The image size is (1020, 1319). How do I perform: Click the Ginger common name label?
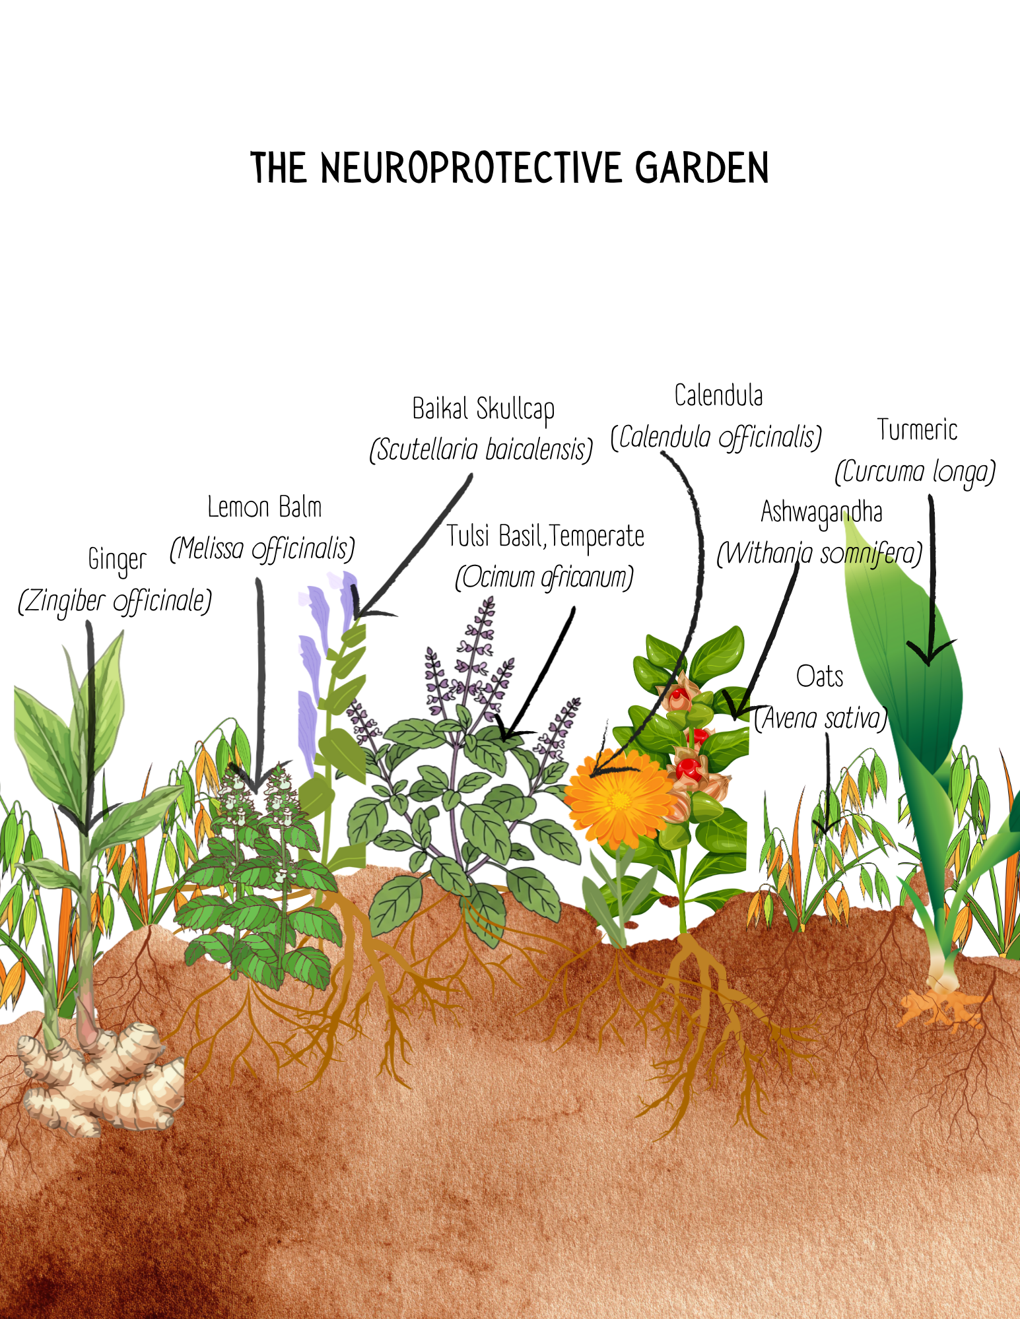point(118,560)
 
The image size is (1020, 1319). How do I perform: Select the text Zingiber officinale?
point(115,602)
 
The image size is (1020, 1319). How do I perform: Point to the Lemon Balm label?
point(264,507)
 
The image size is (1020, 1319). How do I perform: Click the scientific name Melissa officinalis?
point(263,549)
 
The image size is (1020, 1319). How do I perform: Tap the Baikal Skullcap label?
point(483,409)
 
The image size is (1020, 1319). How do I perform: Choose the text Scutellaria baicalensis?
point(481,450)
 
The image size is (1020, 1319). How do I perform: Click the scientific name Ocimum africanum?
point(544,578)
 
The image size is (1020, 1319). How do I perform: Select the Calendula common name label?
point(718,396)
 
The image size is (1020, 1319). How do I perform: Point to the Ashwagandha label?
point(821,513)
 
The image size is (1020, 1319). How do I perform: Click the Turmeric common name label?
point(917,430)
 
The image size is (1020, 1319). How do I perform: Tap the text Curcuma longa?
point(915,472)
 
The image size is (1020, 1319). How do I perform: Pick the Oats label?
point(819,677)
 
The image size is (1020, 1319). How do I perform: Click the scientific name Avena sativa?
point(821,719)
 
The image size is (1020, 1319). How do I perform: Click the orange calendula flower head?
point(619,800)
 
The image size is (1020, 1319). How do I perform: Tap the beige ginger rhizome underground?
point(99,1076)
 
